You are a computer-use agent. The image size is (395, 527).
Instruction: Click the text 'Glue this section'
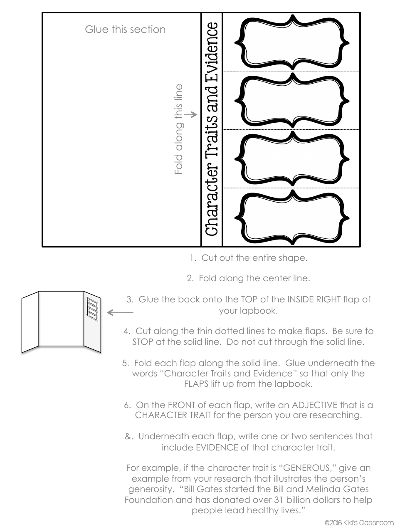point(125,30)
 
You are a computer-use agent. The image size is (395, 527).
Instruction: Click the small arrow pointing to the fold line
point(190,114)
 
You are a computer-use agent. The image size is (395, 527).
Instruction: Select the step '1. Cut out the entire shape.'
point(249,258)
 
